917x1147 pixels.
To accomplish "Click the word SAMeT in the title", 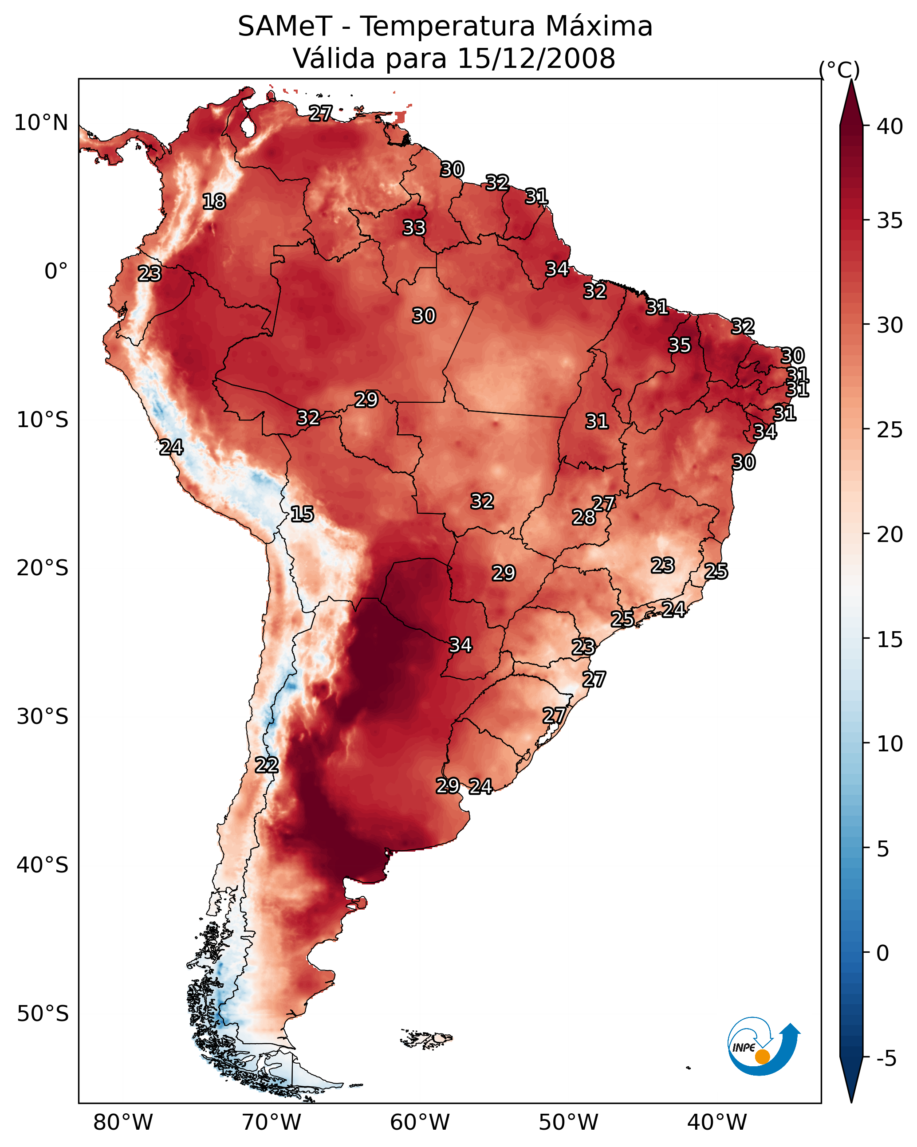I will pyautogui.click(x=285, y=27).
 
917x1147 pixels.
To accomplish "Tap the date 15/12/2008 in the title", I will pyautogui.click(x=536, y=59).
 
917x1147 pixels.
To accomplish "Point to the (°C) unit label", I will pyautogui.click(x=839, y=70).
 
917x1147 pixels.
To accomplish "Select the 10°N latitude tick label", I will pyautogui.click(x=41, y=123).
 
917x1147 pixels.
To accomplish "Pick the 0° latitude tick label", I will pyautogui.click(x=56, y=271).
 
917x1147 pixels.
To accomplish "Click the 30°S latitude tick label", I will pyautogui.click(x=43, y=717).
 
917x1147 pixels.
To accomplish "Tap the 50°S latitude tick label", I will pyautogui.click(x=43, y=1014).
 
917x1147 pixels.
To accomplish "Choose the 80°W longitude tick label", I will pyautogui.click(x=123, y=1122).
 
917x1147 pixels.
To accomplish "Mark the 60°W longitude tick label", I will pyautogui.click(x=420, y=1122).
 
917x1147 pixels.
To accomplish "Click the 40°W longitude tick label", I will pyautogui.click(x=717, y=1122).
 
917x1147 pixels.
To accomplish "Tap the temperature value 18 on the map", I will pyautogui.click(x=214, y=202).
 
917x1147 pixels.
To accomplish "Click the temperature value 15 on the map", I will pyautogui.click(x=302, y=514).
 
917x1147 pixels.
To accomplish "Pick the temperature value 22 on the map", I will pyautogui.click(x=267, y=765).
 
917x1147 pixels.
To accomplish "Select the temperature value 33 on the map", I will pyautogui.click(x=414, y=228).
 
